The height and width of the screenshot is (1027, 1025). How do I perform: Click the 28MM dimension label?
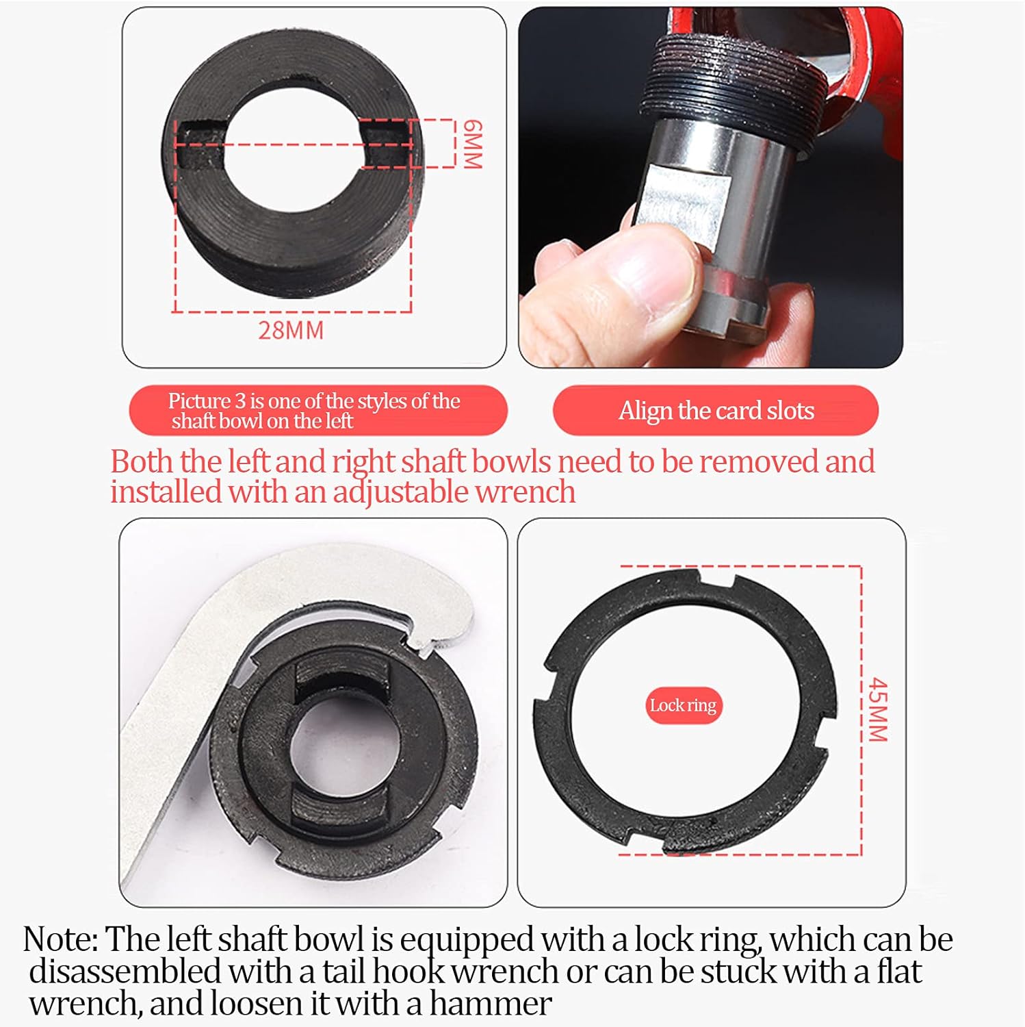point(291,330)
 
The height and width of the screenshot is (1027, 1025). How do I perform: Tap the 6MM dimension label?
point(472,144)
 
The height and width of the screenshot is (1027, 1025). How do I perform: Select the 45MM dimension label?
point(877,710)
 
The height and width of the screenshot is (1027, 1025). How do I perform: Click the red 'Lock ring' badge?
point(683,705)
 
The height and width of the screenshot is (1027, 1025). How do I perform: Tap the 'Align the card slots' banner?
point(716,410)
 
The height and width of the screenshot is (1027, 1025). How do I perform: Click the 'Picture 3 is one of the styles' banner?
point(318,410)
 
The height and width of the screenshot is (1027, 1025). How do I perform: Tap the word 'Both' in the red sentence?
point(142,461)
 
